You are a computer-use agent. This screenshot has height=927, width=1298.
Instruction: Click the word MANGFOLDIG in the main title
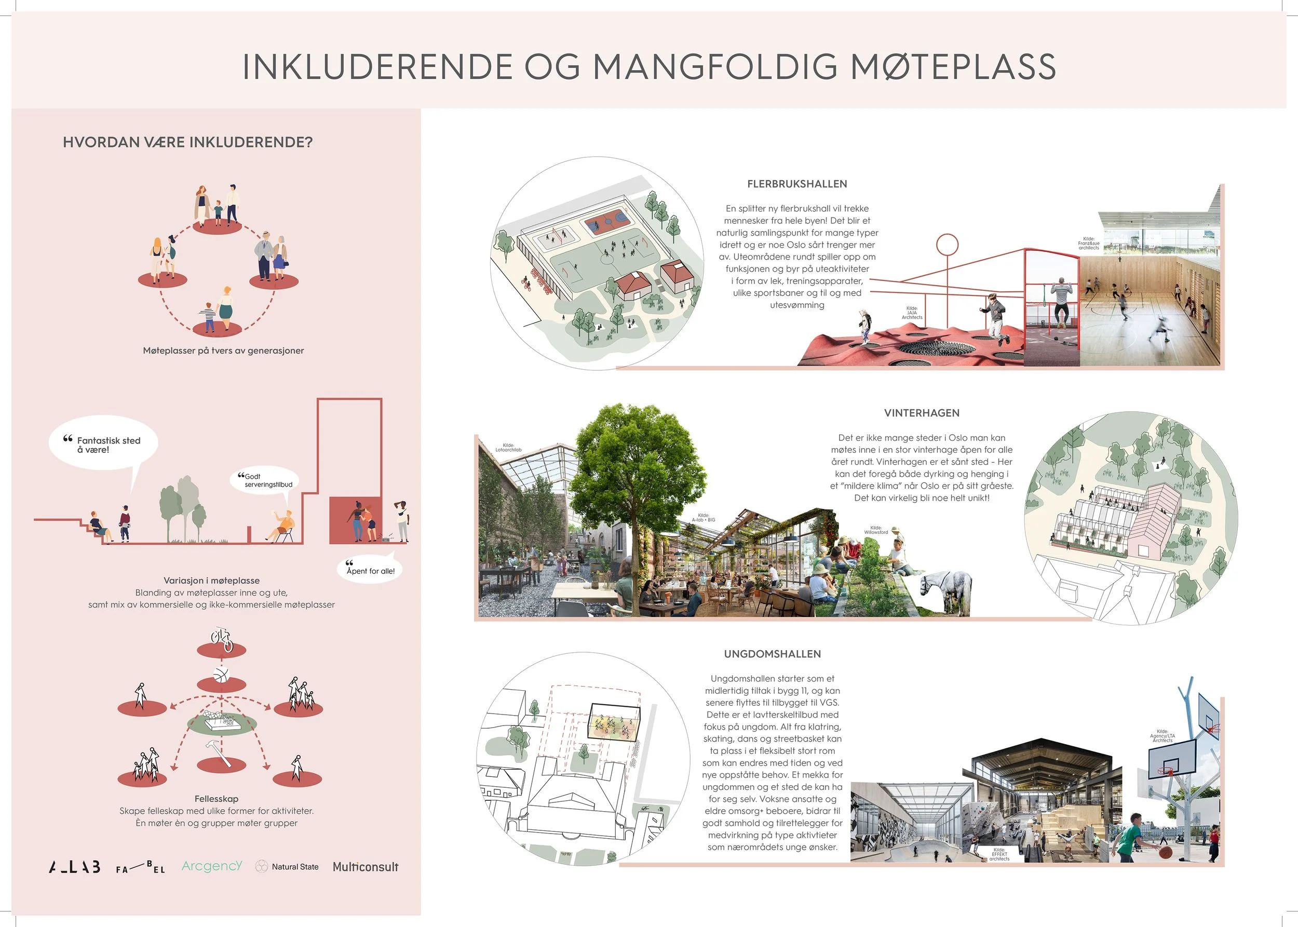pyautogui.click(x=715, y=67)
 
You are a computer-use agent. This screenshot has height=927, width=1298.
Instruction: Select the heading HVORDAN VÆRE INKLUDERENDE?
pyautogui.click(x=188, y=142)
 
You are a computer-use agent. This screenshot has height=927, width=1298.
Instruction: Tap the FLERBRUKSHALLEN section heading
pyautogui.click(x=796, y=184)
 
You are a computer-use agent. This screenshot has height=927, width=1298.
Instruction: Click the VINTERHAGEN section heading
pyautogui.click(x=922, y=413)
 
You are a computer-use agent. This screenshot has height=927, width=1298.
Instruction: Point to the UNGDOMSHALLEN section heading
pyautogui.click(x=772, y=654)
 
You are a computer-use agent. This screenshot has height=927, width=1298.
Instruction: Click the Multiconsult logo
pyautogui.click(x=365, y=866)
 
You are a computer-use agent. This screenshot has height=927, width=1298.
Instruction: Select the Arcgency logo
pyautogui.click(x=212, y=866)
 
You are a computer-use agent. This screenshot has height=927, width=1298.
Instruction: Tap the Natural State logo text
pyautogui.click(x=294, y=866)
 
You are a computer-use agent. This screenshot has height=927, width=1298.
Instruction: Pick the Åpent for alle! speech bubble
pyautogui.click(x=370, y=569)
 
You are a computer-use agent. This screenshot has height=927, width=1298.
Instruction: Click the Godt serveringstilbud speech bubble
pyautogui.click(x=265, y=480)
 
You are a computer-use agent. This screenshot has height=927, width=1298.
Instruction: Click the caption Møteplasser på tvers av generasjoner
pyautogui.click(x=223, y=351)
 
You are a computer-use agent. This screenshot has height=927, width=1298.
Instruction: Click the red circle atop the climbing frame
pyautogui.click(x=947, y=245)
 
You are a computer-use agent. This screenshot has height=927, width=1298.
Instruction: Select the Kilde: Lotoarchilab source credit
pyautogui.click(x=508, y=448)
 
